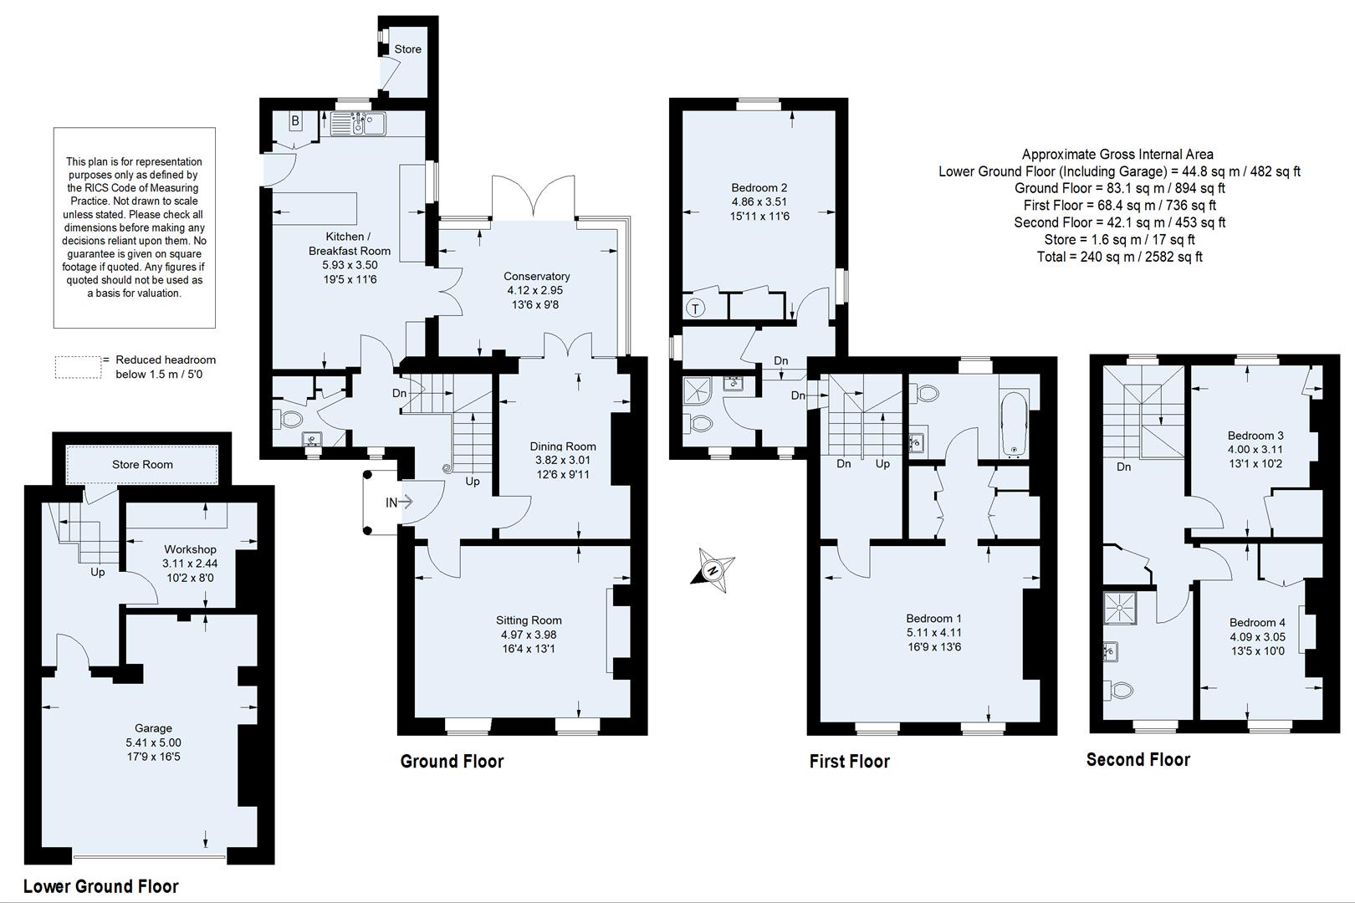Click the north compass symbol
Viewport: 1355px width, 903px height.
(713, 570)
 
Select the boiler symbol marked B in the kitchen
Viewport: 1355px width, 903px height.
(295, 122)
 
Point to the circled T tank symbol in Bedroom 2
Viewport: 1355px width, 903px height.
(695, 308)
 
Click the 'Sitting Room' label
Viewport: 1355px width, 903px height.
(529, 620)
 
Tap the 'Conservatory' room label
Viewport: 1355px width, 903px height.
(536, 277)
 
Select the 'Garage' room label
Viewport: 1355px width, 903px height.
(153, 728)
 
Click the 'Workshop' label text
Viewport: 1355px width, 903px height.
(190, 549)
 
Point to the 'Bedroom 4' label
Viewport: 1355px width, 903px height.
(1257, 623)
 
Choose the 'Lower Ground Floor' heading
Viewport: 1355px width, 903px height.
(101, 886)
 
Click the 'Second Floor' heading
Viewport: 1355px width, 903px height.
(1138, 759)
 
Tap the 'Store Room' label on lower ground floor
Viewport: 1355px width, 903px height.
(142, 465)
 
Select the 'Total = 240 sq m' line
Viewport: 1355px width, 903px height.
(1119, 257)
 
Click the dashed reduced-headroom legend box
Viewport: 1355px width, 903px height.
(78, 366)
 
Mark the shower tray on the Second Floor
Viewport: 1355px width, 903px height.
(1120, 608)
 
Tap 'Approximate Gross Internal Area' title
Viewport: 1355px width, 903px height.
(1117, 154)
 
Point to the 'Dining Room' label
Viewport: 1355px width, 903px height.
(562, 446)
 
